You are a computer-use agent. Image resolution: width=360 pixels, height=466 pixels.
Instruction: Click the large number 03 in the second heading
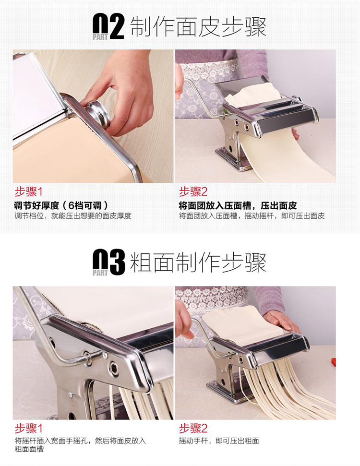pos(108,263)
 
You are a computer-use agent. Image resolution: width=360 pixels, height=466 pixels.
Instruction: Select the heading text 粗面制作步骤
pos(198,263)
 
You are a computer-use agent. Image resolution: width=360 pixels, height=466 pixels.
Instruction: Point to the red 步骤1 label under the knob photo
pos(29,192)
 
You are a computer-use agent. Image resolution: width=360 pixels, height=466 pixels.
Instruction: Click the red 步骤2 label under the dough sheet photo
pos(193,192)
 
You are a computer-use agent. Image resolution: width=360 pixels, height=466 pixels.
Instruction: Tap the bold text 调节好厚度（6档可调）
pos(61,206)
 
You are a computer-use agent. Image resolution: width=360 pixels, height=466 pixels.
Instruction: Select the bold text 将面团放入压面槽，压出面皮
pos(238,206)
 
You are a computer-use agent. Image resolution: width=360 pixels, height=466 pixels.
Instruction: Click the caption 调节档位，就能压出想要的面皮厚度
pos(73,216)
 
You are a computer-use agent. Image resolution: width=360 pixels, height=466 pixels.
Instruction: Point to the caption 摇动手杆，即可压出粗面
pos(219,441)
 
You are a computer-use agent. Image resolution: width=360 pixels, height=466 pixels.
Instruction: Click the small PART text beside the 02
pos(100,37)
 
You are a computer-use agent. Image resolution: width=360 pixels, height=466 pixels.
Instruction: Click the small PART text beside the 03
pos(100,273)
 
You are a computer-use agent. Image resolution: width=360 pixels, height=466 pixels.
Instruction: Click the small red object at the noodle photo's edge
pos(334,362)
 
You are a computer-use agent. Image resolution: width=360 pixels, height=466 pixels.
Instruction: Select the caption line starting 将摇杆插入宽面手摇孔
pos(80,441)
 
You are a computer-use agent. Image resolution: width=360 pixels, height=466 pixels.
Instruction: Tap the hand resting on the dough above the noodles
pos(281,321)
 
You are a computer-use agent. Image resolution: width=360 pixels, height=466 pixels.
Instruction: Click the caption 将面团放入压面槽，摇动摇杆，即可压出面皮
pos(252,216)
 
